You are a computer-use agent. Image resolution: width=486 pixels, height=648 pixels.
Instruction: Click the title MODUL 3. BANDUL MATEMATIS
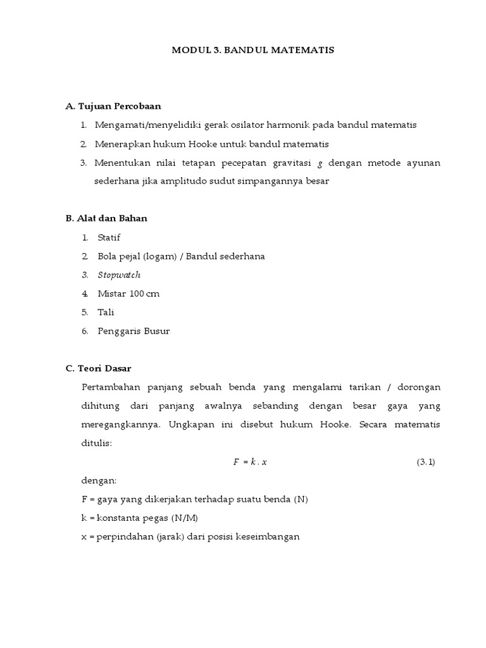252,49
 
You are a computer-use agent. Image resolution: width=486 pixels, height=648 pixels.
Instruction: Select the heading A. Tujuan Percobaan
118,106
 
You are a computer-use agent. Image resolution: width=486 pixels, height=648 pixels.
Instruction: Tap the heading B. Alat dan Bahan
106,218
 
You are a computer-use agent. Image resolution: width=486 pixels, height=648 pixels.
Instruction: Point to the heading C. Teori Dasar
98,368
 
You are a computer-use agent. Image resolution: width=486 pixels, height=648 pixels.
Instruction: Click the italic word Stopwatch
119,275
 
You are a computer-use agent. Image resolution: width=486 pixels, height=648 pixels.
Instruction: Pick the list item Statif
109,237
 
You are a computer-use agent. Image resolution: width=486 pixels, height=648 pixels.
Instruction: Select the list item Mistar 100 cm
128,294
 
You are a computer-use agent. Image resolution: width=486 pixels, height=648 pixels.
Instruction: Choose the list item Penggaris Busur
134,331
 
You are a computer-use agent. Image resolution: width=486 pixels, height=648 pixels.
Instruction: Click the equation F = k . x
250,462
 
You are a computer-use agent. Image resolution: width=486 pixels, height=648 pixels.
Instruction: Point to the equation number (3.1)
426,462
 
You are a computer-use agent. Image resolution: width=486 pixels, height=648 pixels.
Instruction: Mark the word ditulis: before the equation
97,443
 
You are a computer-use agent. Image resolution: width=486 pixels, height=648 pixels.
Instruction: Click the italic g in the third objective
320,163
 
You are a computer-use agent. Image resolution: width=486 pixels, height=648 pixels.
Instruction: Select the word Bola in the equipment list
107,256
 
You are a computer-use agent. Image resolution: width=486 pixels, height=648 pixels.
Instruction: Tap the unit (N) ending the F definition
301,499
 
